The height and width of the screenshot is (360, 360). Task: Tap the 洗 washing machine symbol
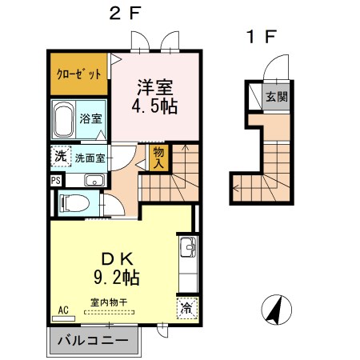(x=60, y=157)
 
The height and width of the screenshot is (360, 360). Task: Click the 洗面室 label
(x=90, y=158)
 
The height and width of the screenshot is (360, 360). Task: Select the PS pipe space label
(x=54, y=180)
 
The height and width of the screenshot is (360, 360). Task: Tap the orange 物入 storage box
(x=158, y=157)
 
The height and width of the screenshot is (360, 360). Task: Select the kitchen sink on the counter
(x=187, y=246)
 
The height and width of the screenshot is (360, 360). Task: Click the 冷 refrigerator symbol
(x=186, y=307)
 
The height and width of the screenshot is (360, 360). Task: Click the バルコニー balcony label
(x=93, y=341)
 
